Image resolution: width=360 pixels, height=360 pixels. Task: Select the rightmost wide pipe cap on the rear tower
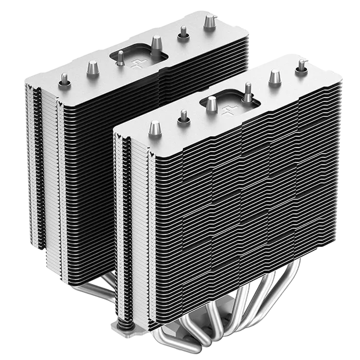pyautogui.click(x=210, y=22)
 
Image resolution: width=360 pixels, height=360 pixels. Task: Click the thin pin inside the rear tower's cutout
pyautogui.click(x=120, y=59)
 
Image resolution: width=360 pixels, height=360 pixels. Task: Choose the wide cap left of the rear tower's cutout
pyautogui.click(x=93, y=68)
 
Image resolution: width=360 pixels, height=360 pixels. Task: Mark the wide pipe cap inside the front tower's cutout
pyautogui.click(x=212, y=105)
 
